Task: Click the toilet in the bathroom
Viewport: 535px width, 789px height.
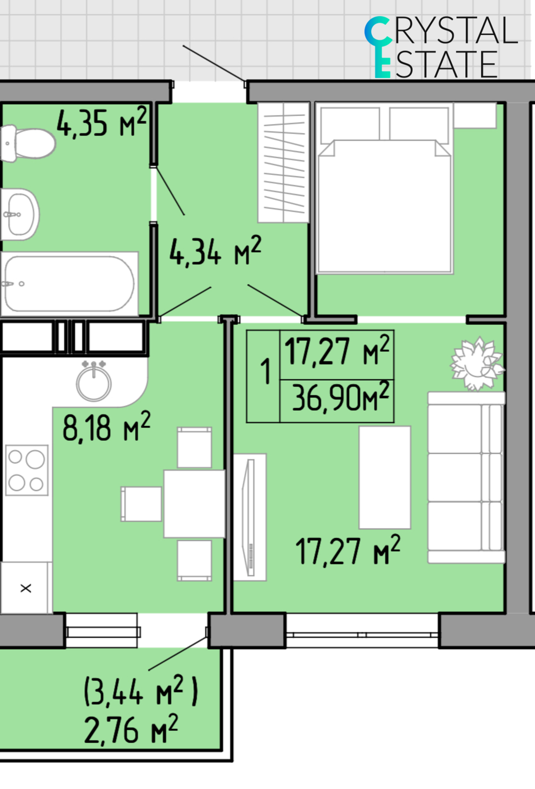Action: tap(28, 143)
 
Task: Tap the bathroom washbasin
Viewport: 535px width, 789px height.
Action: tap(20, 214)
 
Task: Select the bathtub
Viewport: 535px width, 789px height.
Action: tap(69, 284)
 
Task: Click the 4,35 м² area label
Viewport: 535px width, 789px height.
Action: tap(102, 122)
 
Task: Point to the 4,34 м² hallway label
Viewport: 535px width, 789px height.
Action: tap(215, 251)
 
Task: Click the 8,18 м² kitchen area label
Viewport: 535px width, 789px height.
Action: tap(107, 427)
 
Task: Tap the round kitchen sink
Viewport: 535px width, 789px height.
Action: tap(94, 382)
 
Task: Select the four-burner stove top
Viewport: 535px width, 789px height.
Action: tap(27, 470)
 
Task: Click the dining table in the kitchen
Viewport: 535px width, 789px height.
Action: tap(194, 503)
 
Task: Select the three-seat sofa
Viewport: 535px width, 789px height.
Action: tap(466, 477)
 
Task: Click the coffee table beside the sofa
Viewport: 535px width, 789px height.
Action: tap(385, 477)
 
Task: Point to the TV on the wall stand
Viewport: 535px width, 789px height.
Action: tap(250, 517)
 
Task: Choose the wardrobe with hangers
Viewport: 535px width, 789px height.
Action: tap(284, 162)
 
